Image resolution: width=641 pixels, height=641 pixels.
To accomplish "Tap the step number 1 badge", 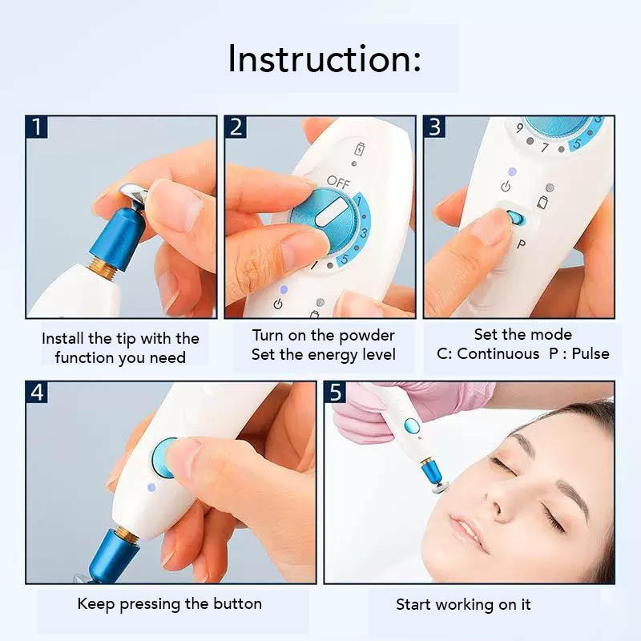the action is (37, 127).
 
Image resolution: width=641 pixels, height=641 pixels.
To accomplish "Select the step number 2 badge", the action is (236, 127).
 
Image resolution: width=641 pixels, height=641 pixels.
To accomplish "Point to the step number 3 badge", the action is (435, 127).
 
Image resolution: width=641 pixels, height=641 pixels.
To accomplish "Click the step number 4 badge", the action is (37, 393).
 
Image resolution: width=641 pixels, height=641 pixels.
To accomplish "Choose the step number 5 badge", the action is (335, 393).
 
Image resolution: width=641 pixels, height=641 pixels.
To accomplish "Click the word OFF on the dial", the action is (338, 182).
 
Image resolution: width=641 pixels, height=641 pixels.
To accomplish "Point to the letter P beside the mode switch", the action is (521, 244).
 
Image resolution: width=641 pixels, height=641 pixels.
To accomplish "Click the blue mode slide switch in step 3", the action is (515, 216).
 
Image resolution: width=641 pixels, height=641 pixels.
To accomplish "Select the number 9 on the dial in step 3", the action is (519, 128).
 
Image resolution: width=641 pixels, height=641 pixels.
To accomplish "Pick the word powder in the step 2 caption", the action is (366, 336).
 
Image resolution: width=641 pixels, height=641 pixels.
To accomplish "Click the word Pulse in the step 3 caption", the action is (591, 353).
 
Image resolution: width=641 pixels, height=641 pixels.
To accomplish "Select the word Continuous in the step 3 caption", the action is (498, 353).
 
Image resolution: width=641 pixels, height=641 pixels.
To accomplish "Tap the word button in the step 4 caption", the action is (237, 604).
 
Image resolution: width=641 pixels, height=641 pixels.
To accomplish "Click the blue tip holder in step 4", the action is (107, 553).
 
